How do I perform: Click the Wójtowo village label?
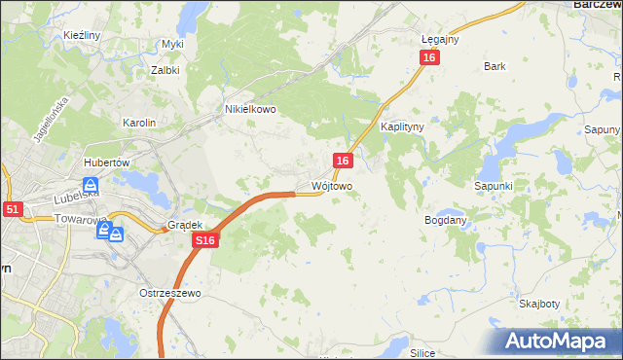[331, 185]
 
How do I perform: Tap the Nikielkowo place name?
[250, 110]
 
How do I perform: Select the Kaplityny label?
[400, 127]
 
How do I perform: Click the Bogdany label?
[446, 221]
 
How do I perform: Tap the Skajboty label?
[539, 304]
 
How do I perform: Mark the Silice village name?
[421, 353]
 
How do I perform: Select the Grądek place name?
[184, 225]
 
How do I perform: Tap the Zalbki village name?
[165, 70]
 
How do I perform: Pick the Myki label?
[172, 44]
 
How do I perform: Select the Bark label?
[495, 67]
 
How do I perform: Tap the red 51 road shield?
[12, 209]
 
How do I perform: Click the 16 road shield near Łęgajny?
[430, 58]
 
